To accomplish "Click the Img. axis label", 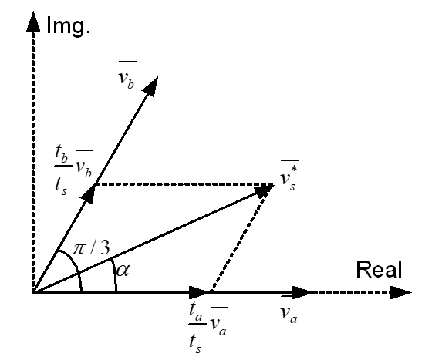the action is click(69, 26).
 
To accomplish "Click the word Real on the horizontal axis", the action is click(380, 269).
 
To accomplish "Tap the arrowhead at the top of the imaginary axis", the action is click(33, 22).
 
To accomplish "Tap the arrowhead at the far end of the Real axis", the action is click(401, 292).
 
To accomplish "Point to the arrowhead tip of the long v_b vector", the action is click(157, 76).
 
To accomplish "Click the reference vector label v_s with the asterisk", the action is click(289, 176).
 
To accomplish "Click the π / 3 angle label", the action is click(92, 248).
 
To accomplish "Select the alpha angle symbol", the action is click(123, 271).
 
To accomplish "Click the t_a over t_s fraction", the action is click(197, 328).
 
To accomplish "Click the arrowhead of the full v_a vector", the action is click(302, 292).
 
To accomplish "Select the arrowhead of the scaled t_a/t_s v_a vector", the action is click(200, 292).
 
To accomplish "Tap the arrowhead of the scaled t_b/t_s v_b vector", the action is click(89, 193).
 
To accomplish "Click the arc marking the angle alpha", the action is click(115, 274).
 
